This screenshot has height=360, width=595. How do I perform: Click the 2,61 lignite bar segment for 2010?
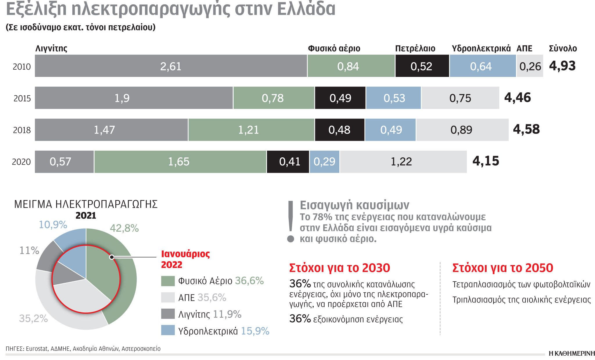click(x=171, y=66)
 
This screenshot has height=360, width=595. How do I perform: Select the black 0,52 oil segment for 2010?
click(x=422, y=66)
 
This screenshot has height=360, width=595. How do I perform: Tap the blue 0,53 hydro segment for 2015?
click(x=394, y=98)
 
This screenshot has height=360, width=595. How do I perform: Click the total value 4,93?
click(x=562, y=66)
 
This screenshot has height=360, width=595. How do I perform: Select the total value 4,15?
click(x=486, y=161)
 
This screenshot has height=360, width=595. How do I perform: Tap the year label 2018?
click(x=22, y=130)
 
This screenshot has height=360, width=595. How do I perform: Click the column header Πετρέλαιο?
click(x=415, y=48)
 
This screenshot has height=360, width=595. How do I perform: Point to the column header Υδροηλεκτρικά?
click(x=481, y=48)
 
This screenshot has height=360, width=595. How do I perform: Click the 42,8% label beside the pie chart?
click(x=124, y=228)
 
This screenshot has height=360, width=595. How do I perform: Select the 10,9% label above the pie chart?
click(x=53, y=224)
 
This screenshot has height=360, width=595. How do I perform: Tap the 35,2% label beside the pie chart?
click(x=33, y=318)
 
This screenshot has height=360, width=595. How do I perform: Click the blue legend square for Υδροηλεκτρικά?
click(x=168, y=330)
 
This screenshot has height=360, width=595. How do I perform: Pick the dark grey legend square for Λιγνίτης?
click(x=168, y=314)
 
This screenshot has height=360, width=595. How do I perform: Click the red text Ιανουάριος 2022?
click(x=185, y=259)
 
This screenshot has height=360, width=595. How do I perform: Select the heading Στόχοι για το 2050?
click(x=503, y=268)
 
